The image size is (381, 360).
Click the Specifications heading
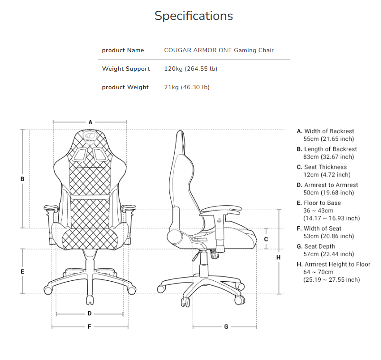(194, 16)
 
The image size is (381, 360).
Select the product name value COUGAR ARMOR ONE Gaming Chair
(219, 50)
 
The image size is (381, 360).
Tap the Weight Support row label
(126, 69)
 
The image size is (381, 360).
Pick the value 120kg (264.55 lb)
(191, 69)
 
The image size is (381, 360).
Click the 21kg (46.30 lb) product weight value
(186, 87)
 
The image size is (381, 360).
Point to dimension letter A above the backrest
(91, 122)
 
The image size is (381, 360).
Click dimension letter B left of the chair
(22, 179)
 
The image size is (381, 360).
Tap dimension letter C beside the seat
(266, 239)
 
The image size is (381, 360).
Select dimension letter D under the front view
(89, 314)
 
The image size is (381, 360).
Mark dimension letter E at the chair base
(22, 272)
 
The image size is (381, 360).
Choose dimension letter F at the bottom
(89, 327)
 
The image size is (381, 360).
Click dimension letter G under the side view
(226, 327)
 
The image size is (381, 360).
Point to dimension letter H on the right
(279, 258)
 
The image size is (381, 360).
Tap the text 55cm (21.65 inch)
(328, 139)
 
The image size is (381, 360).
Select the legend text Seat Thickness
(325, 167)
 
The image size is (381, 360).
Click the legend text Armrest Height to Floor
(337, 264)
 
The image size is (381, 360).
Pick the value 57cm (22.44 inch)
(328, 254)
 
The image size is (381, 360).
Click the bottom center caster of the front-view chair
(90, 300)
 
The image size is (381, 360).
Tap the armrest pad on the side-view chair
(222, 210)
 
